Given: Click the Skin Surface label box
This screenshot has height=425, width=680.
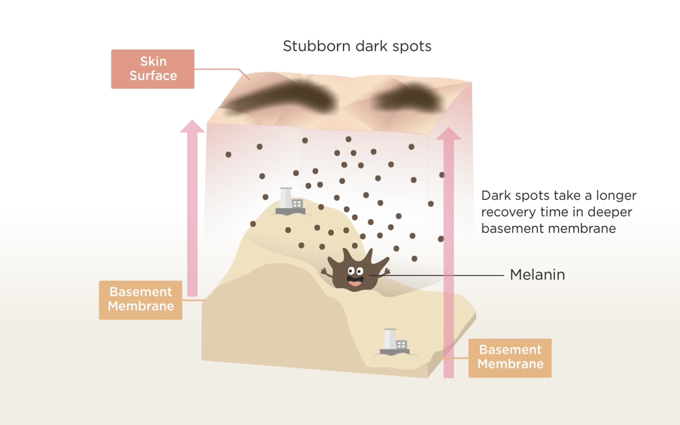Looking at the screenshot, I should (x=153, y=69).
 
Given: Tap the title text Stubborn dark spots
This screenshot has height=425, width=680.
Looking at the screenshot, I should (x=357, y=46).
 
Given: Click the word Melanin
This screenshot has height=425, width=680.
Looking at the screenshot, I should (x=537, y=275).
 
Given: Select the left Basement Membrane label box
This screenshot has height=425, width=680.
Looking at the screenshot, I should (x=141, y=300).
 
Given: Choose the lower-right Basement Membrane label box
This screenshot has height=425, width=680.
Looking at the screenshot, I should (x=510, y=358).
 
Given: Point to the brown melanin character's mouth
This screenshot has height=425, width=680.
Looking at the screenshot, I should (x=354, y=280).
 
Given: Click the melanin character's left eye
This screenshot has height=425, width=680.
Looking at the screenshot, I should (x=351, y=270).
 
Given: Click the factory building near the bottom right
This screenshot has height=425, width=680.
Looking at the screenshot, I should (x=394, y=342).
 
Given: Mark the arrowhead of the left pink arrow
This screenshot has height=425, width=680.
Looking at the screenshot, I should (x=192, y=126).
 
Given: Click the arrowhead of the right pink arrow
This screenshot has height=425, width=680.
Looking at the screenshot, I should (x=448, y=133).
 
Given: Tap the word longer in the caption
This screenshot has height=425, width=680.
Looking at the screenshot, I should (x=616, y=195).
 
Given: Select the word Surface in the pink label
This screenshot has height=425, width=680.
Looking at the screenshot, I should (x=153, y=76).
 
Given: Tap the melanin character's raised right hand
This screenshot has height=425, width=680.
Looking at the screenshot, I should (x=386, y=271).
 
